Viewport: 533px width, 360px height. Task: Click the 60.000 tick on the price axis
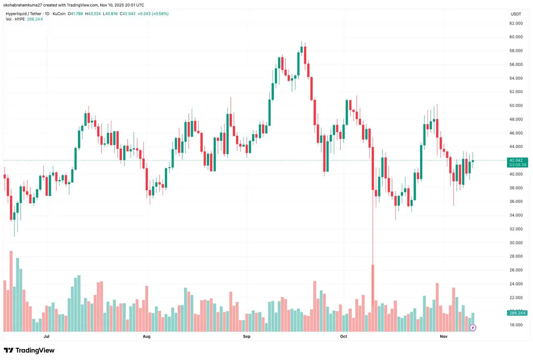click(516, 37)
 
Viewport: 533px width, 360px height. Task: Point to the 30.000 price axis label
click(516, 243)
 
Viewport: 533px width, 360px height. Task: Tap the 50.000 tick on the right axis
click(516, 105)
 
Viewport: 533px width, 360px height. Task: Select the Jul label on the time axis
click(46, 336)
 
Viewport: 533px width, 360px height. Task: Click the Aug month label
click(146, 336)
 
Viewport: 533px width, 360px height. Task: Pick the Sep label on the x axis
click(247, 336)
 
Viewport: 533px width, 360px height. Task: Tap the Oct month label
click(344, 336)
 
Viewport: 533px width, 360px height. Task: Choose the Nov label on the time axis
click(444, 336)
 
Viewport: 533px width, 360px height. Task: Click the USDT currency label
click(516, 14)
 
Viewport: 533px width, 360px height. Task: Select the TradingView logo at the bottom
click(29, 350)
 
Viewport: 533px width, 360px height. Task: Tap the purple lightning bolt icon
click(473, 328)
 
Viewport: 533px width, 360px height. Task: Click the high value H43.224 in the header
click(89, 14)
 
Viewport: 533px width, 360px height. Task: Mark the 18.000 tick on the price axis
click(516, 325)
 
